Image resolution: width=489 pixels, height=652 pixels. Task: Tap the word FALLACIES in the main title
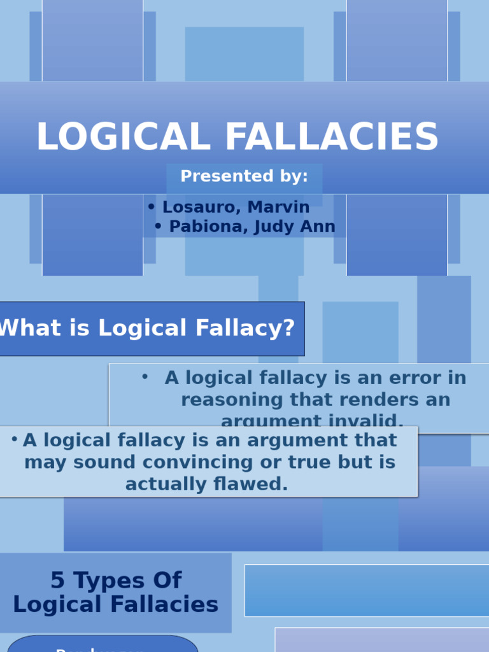click(x=332, y=138)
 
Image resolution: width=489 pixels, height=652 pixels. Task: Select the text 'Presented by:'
click(x=244, y=176)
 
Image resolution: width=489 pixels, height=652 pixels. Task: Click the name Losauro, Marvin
click(x=236, y=208)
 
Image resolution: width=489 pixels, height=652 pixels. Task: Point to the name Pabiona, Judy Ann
click(x=252, y=227)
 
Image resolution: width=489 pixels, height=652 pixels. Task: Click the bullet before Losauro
click(x=151, y=207)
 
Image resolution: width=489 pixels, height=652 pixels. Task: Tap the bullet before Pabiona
click(x=158, y=227)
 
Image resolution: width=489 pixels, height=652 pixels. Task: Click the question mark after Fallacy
click(x=288, y=329)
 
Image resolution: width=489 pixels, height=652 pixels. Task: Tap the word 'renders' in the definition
click(x=335, y=400)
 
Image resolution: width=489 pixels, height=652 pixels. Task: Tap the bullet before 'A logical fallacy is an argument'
click(x=14, y=439)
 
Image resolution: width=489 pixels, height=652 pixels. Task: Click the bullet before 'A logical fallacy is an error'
click(x=145, y=377)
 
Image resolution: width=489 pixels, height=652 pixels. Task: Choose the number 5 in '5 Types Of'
click(x=57, y=581)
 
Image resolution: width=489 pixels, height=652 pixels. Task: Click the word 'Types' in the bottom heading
click(x=108, y=581)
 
